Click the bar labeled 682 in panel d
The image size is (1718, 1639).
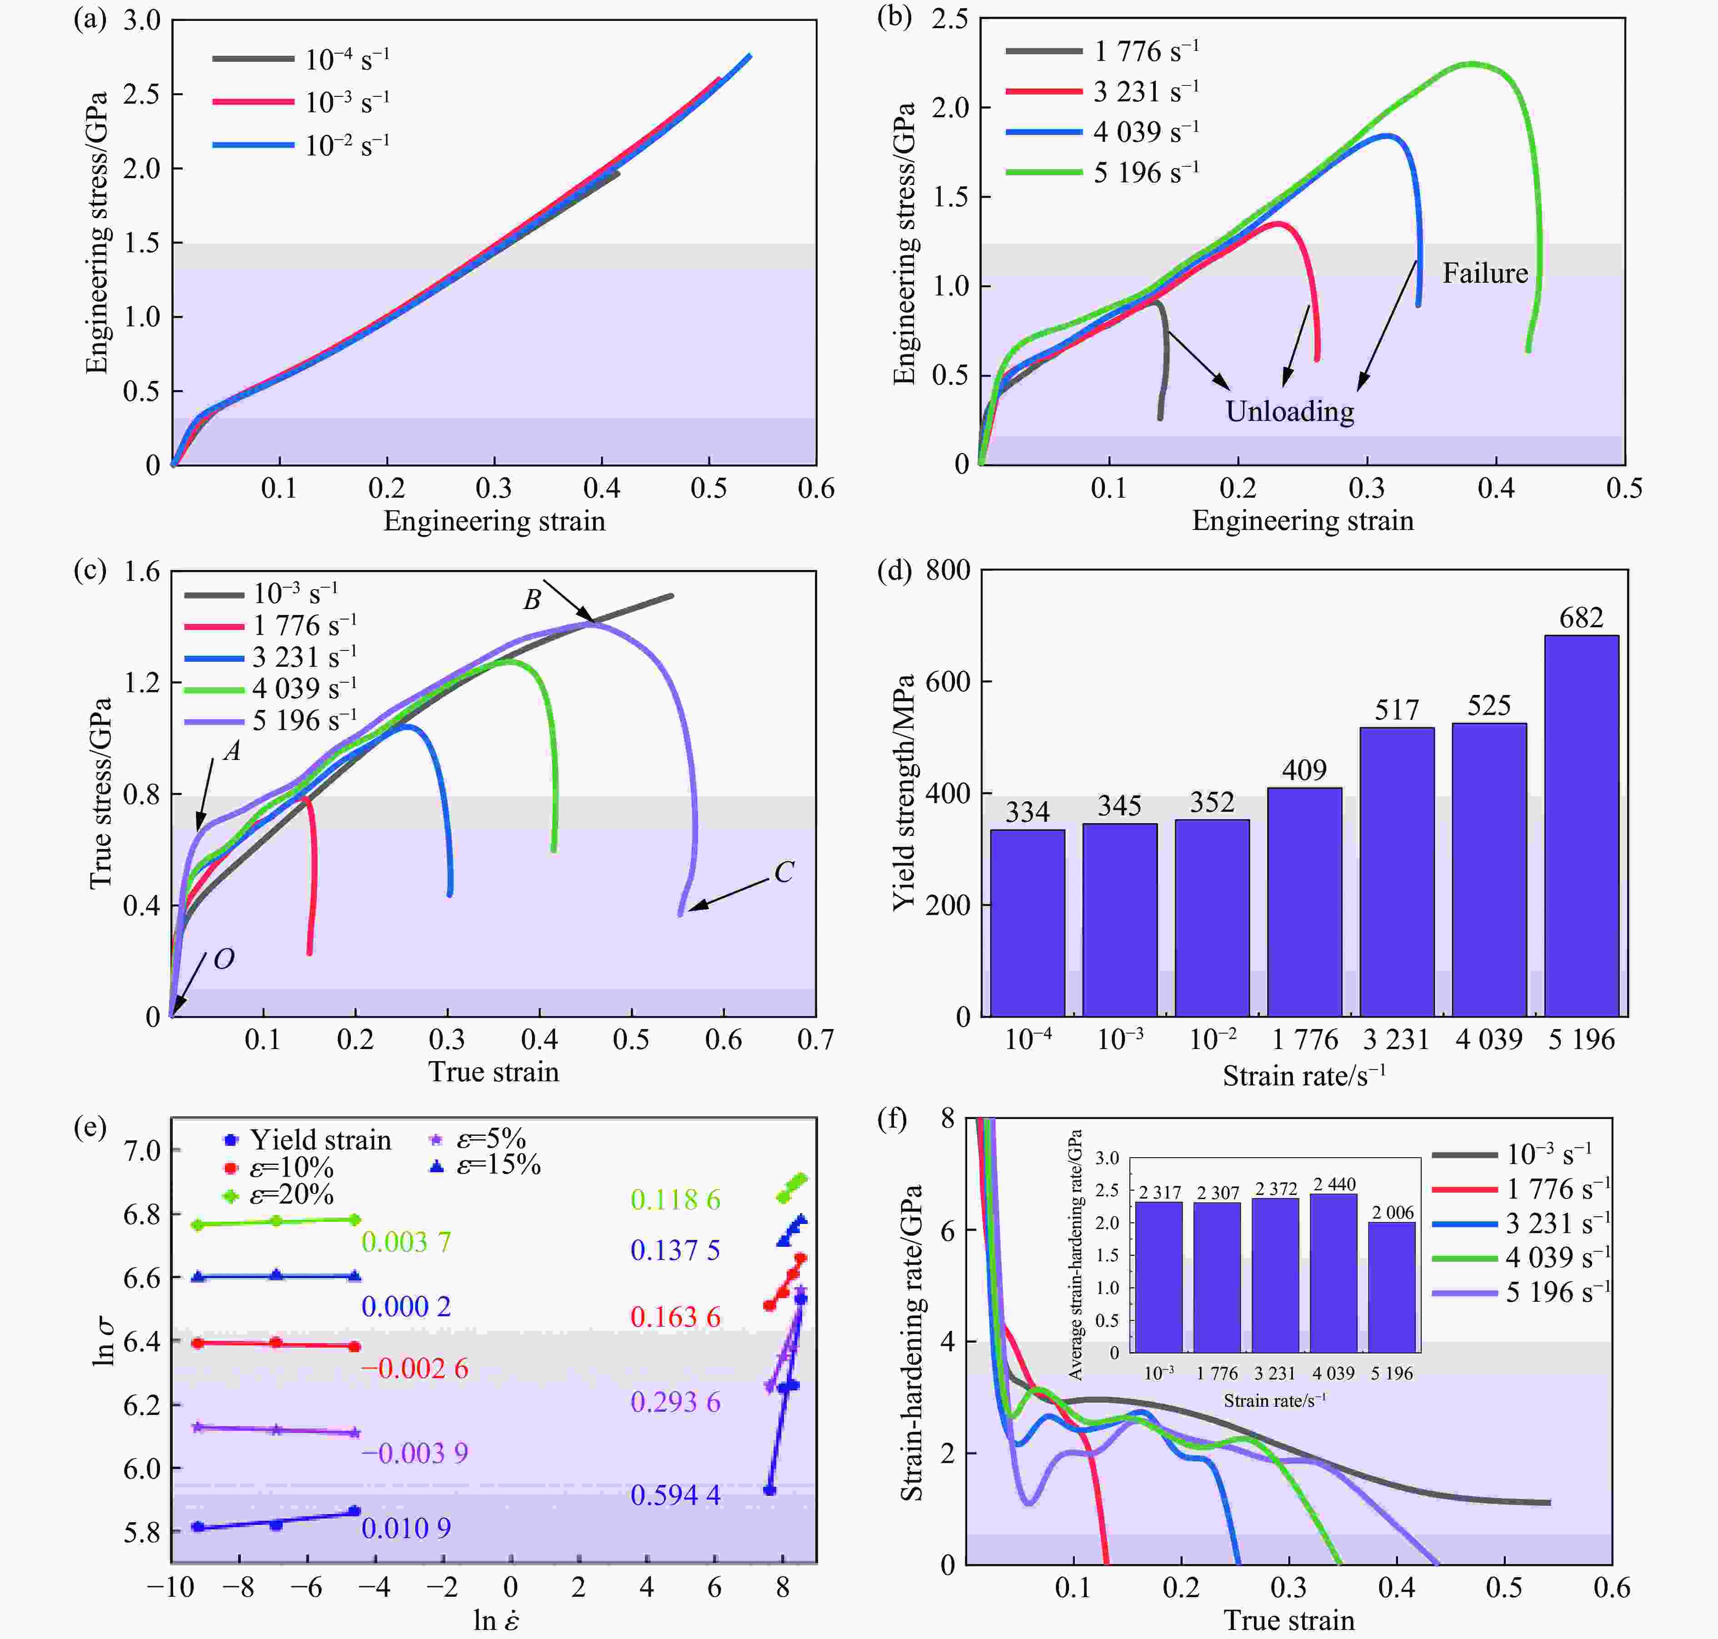(1581, 825)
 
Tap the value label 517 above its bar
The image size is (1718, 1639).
(1397, 710)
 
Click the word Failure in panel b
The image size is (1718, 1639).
(1485, 274)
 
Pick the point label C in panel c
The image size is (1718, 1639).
(784, 872)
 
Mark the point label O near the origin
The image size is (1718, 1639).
(224, 959)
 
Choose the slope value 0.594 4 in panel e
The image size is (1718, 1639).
(675, 1495)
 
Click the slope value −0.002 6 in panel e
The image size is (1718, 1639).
(415, 1368)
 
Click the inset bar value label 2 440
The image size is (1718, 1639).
(1333, 1184)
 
